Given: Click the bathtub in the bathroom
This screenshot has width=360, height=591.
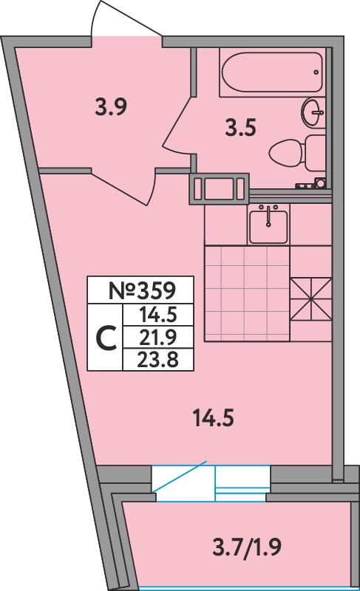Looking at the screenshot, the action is click(272, 72).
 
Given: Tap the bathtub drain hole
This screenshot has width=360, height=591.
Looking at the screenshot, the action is click(316, 72).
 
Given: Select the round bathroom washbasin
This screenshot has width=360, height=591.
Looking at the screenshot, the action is click(313, 112).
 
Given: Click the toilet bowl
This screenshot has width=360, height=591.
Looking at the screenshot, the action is click(285, 154).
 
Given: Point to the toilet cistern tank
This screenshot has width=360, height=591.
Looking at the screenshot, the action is click(315, 153).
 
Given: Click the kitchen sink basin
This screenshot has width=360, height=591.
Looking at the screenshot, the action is click(268, 226).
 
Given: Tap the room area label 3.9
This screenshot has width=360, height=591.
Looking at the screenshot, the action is click(111, 107).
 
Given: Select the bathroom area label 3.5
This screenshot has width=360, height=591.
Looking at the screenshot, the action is click(240, 127).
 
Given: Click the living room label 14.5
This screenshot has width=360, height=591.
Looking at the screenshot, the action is click(213, 418).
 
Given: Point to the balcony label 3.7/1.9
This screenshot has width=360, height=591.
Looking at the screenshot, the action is click(247, 547).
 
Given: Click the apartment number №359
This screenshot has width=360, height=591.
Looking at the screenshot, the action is click(142, 290).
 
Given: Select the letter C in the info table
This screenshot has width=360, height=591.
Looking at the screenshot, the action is click(106, 338).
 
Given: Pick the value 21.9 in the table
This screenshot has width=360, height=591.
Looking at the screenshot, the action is click(158, 338).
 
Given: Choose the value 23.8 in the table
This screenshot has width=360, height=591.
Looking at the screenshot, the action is click(158, 360).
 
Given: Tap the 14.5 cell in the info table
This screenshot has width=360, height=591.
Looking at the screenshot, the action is click(158, 315).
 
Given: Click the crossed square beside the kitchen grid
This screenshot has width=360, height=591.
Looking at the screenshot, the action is click(311, 299).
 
